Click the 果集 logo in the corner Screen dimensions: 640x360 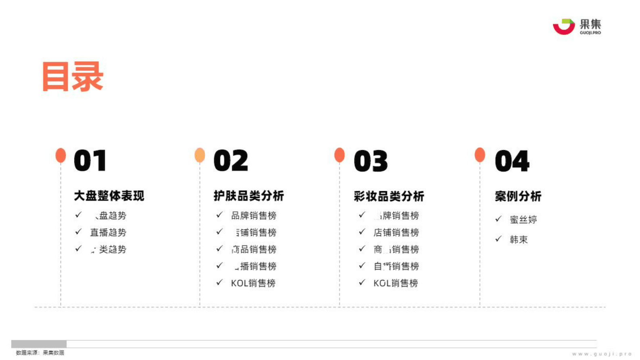[577, 27]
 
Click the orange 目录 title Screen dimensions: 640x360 [73, 76]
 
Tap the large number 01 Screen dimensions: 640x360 [90, 161]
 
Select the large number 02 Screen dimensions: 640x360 [231, 161]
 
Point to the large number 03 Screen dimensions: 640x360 [371, 161]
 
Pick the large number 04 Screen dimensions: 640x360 [512, 161]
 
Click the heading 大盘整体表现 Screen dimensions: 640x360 [109, 196]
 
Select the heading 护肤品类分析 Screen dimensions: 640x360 [249, 196]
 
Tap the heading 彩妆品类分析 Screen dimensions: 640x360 [389, 196]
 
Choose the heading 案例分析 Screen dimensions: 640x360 [518, 196]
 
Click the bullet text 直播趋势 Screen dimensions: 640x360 [108, 232]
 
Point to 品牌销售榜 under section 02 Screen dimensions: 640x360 [254, 216]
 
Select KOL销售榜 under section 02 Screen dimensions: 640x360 [253, 283]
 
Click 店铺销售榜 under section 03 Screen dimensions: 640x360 [396, 232]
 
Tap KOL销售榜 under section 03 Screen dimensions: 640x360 [396, 283]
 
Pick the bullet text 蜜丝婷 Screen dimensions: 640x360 [523, 220]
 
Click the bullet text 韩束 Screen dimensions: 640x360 [519, 240]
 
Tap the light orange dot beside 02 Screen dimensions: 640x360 [200, 155]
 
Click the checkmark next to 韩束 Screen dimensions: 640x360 [498, 239]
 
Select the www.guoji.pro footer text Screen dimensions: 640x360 [602, 354]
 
